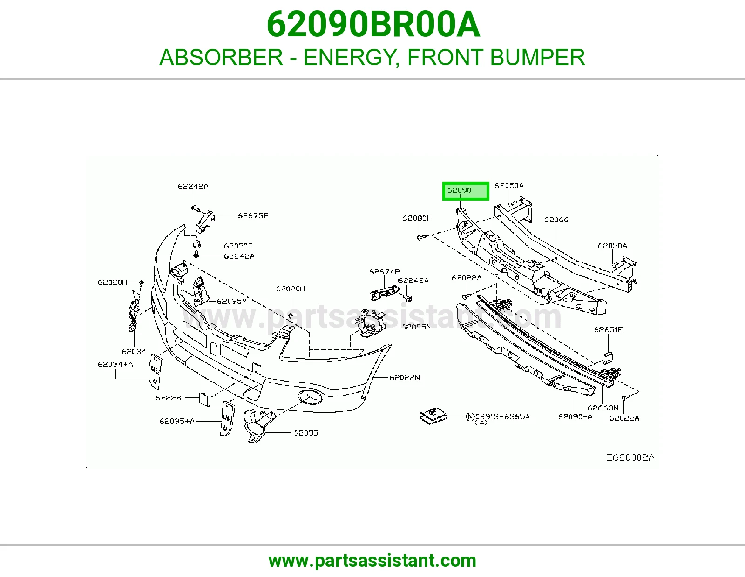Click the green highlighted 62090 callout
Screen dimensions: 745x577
pos(466,191)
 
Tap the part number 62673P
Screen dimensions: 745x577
pos(253,215)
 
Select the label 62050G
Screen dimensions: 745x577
pos(238,246)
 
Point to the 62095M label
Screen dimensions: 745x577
pos(232,301)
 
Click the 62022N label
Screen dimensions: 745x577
pos(405,377)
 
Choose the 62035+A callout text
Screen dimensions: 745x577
pos(177,421)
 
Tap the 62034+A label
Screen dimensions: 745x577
pos(115,364)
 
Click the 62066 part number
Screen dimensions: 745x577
pos(556,220)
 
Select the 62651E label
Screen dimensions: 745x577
pos(608,329)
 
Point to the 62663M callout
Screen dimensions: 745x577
pos(603,408)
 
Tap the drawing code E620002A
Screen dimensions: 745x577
pos(630,457)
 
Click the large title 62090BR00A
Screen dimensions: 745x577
pos(373,25)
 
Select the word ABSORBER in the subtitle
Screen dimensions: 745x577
pos(221,57)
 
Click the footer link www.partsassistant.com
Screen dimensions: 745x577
pos(372,561)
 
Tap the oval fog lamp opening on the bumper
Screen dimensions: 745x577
pos(310,396)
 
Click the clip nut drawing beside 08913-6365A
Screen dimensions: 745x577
pos(434,416)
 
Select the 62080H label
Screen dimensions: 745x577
pos(417,218)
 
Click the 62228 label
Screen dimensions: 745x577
pos(169,398)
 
